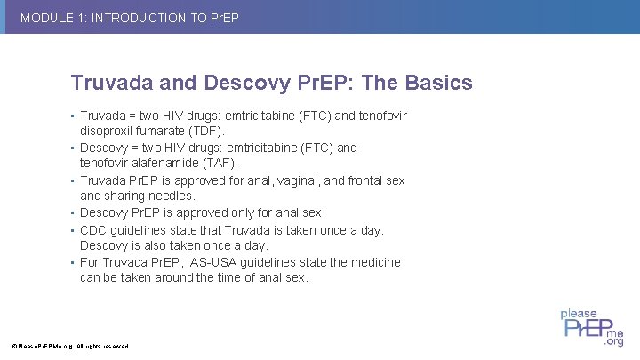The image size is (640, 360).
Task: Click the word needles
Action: click(172, 196)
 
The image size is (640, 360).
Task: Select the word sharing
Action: click(127, 196)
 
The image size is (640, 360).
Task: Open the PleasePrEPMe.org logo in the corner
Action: click(590, 326)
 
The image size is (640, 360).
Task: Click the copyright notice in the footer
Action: click(70, 346)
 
